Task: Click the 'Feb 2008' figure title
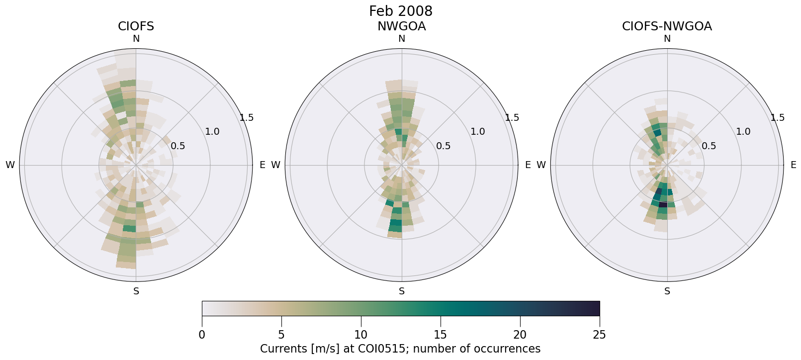[400, 11]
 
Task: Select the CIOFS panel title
[136, 26]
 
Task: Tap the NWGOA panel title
[401, 26]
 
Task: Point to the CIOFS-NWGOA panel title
[667, 26]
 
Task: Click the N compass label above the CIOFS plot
[136, 39]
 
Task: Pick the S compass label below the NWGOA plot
[402, 291]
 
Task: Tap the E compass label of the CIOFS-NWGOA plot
[794, 165]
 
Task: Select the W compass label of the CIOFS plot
[10, 165]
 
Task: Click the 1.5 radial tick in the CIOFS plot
[247, 118]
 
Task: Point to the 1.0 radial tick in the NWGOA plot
[478, 132]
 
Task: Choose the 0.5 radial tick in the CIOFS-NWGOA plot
[709, 146]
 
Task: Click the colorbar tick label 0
[202, 335]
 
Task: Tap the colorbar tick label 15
[441, 335]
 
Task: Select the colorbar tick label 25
[600, 335]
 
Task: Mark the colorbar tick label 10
[361, 335]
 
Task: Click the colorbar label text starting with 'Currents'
[400, 349]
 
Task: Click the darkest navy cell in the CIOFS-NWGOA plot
[663, 204]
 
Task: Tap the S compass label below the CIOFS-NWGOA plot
[667, 291]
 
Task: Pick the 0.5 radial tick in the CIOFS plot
[178, 146]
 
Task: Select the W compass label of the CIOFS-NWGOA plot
[541, 165]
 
